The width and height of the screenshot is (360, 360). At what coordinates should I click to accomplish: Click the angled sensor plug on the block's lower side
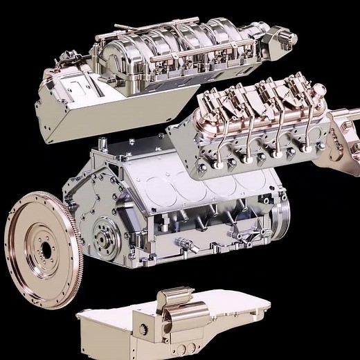(186, 244)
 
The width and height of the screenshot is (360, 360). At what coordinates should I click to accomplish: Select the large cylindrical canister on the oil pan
(172, 308)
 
